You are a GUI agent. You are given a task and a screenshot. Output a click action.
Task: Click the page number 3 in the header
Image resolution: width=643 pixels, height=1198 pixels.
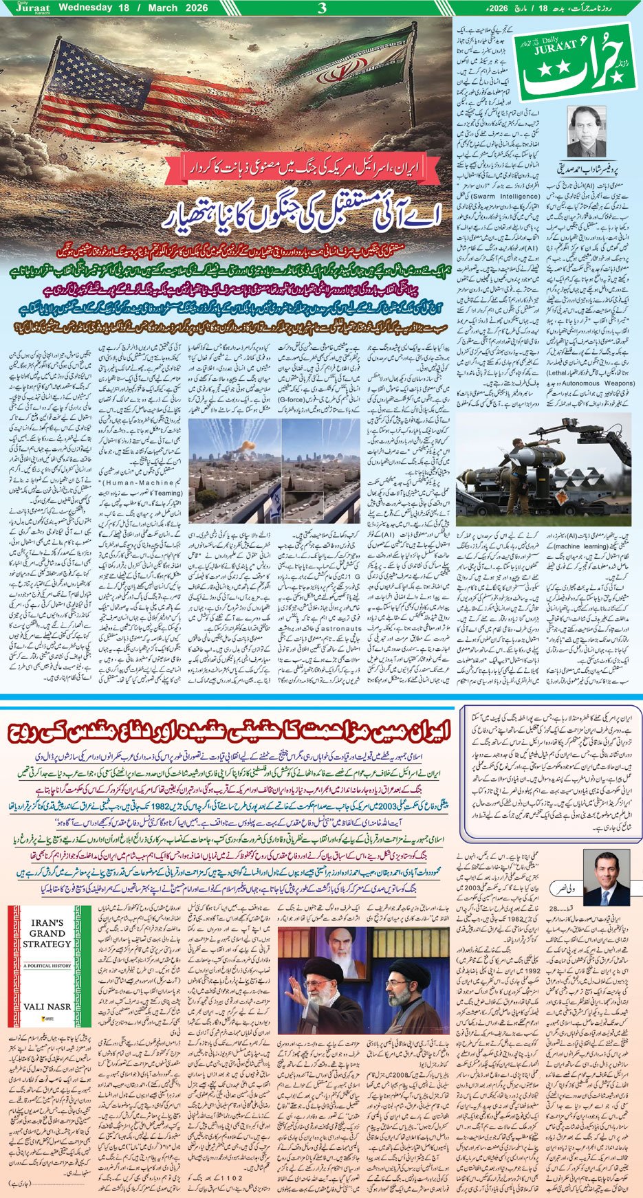(322, 8)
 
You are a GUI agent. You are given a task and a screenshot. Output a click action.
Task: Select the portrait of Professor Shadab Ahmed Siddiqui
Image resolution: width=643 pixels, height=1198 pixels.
(586, 131)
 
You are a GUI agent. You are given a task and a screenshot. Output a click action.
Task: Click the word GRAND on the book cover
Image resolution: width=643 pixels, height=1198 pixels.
(47, 933)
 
